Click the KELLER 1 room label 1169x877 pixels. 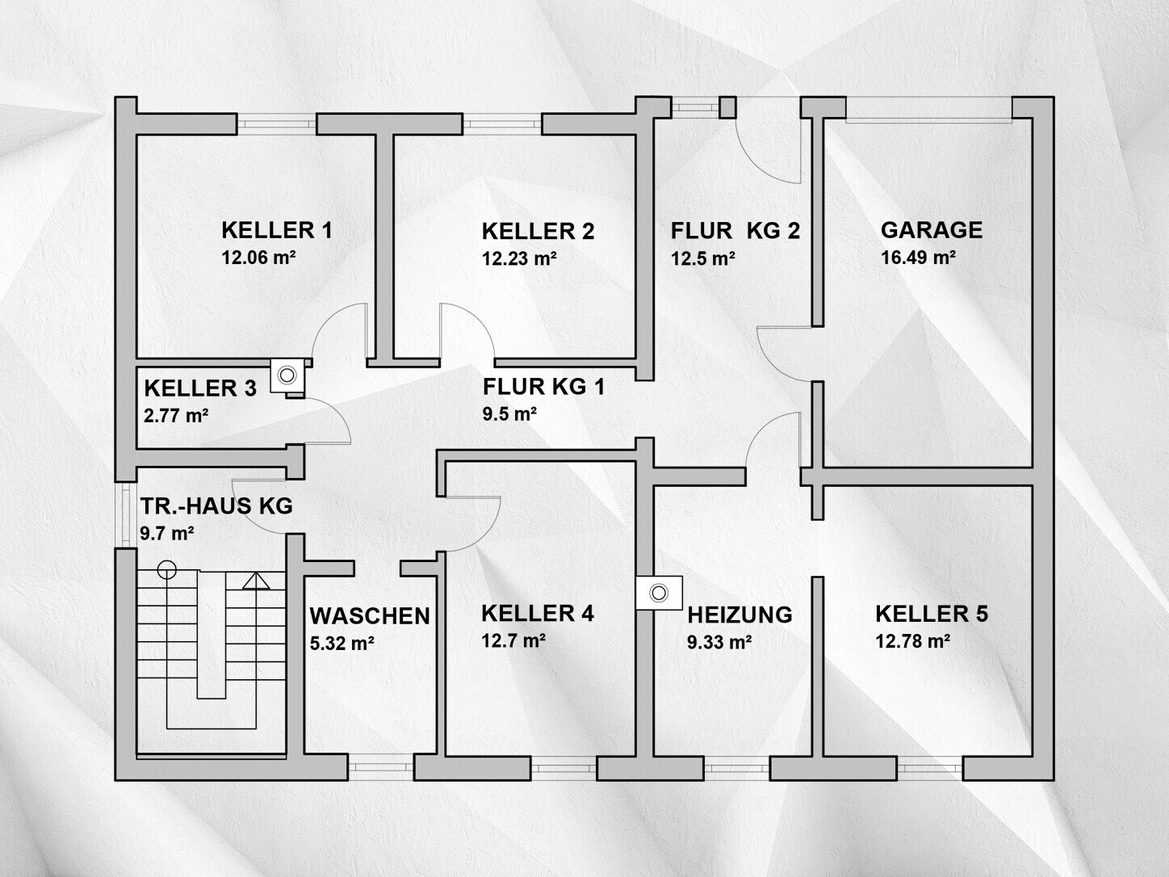[x=276, y=231]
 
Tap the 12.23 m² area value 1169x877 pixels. [x=519, y=258]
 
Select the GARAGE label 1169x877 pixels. [x=932, y=230]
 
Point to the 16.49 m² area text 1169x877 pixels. [x=918, y=258]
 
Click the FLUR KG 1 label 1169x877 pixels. [x=544, y=387]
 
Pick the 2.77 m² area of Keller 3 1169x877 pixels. [x=176, y=415]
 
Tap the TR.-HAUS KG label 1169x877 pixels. [x=216, y=506]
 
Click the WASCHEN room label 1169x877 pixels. [x=370, y=616]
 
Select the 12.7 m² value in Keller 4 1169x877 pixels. [x=513, y=640]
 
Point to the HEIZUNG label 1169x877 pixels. [x=740, y=615]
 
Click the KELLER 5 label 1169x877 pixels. [x=932, y=614]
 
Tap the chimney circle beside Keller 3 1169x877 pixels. [x=287, y=376]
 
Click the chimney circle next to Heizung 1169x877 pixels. [x=659, y=593]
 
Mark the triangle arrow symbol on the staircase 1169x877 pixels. [x=256, y=581]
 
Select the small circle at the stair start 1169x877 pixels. [x=166, y=570]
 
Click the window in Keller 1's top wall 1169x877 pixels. [x=276, y=124]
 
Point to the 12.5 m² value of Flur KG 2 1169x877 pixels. [x=703, y=258]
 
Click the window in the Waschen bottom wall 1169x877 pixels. [x=381, y=769]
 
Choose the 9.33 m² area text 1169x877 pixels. [x=719, y=642]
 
